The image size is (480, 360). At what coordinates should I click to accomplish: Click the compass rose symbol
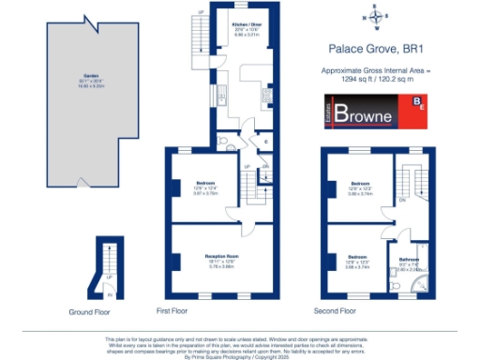376,16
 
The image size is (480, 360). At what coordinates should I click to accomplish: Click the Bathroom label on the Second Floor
408,259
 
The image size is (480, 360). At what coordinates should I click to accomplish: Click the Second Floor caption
335,310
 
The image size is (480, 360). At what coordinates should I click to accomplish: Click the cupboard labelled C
267,142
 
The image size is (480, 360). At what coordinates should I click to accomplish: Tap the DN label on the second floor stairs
402,200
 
